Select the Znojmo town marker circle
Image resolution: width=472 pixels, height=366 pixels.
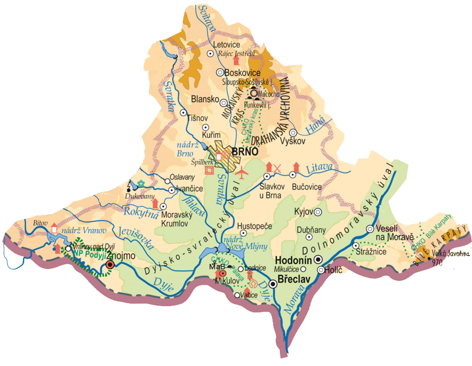(x=109, y=265)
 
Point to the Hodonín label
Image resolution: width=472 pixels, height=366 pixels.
(x=294, y=260)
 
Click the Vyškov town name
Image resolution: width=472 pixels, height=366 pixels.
(x=293, y=141)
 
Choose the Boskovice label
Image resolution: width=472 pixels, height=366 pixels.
(x=242, y=73)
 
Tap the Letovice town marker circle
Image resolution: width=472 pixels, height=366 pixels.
(x=210, y=54)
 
